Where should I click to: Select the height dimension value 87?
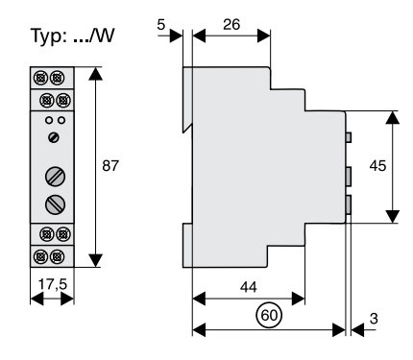tap(113, 166)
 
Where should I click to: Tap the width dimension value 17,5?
tap(52, 285)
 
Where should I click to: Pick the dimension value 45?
tap(379, 166)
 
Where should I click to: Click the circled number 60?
tap(269, 312)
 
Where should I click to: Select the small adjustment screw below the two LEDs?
tap(53, 138)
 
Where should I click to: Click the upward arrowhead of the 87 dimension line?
tap(94, 73)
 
